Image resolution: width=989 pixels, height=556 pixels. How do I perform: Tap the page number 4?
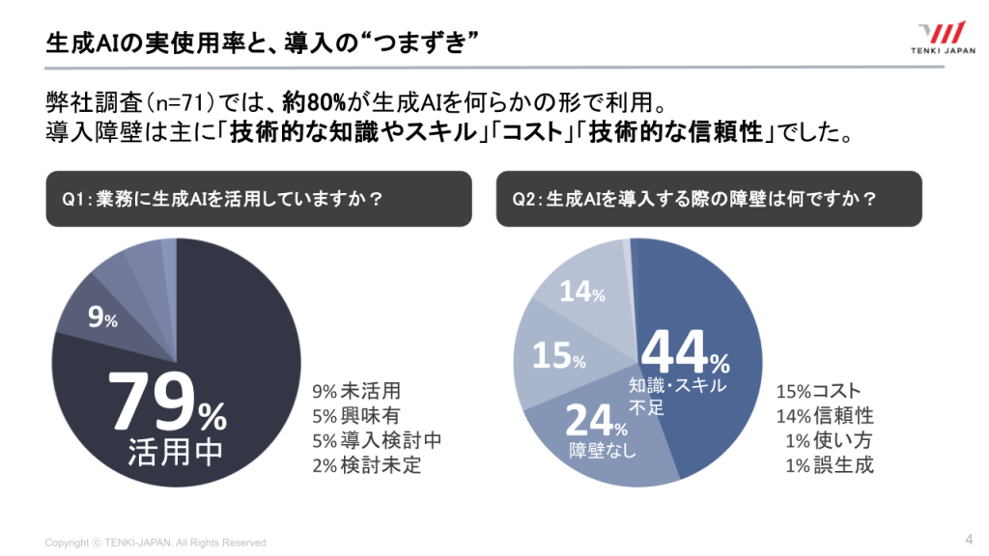[968, 539]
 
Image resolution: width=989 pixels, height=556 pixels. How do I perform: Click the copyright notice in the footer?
[155, 542]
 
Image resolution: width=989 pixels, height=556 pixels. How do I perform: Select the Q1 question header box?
[259, 199]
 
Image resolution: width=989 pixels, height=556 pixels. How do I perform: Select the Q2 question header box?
[709, 199]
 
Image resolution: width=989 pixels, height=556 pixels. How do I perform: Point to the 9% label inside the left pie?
[102, 320]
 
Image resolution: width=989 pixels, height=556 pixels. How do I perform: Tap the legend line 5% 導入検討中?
[377, 441]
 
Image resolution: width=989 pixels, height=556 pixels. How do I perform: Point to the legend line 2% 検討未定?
[366, 465]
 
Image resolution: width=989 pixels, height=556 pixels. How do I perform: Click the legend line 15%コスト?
[818, 392]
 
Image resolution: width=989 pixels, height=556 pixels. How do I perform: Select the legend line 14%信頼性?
[824, 416]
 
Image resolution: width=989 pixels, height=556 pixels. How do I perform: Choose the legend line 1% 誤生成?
[830, 465]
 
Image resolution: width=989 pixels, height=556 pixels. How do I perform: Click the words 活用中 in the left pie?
[176, 453]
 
